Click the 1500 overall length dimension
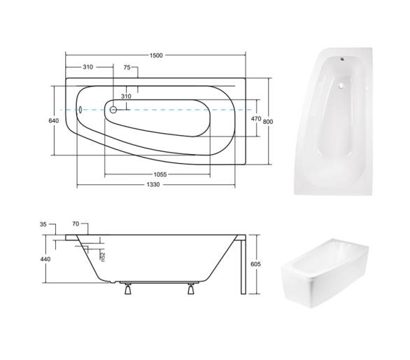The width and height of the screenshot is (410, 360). coord(156,55)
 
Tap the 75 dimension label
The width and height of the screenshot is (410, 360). coord(127,67)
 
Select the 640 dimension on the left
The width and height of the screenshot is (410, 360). coord(54,120)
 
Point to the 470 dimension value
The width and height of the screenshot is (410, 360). coord(256,119)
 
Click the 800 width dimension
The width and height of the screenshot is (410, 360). coord(268,121)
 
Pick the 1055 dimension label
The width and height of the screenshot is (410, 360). coord(160,174)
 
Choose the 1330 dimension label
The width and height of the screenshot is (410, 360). coord(153,185)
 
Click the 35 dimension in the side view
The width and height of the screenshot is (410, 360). coord(43,224)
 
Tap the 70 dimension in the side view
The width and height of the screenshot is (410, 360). coord(76,224)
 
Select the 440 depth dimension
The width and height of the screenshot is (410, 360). coord(45,259)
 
